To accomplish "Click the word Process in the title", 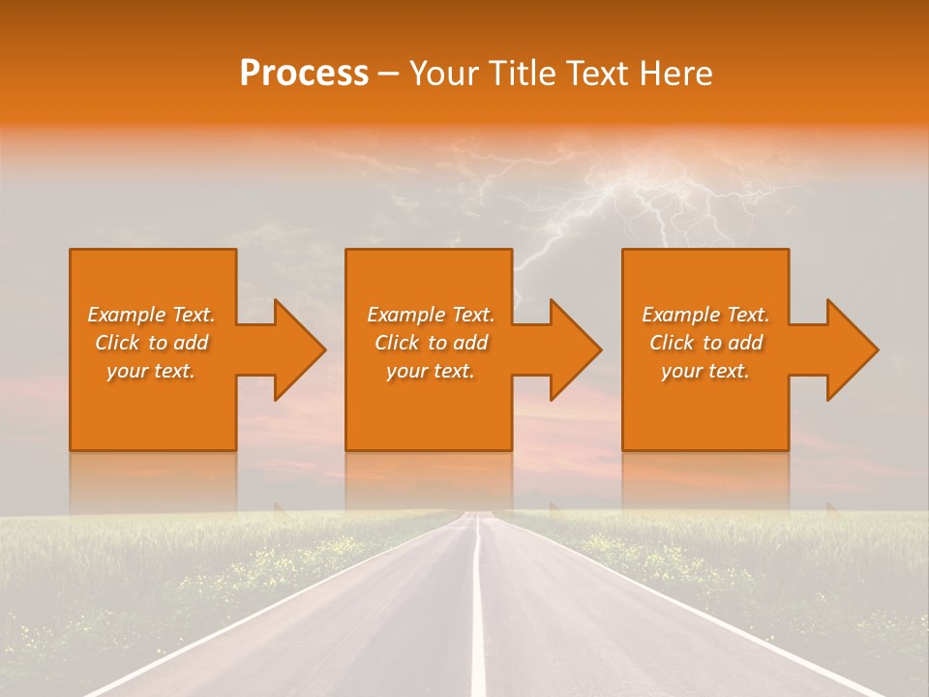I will coord(304,74).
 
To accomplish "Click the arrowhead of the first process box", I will coord(296,349).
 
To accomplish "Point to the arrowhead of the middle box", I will coord(572,349).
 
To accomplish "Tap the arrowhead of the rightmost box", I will coord(849,349).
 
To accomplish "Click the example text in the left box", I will coord(152,343).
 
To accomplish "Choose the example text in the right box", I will coord(705,343).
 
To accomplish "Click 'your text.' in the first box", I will coord(152,371).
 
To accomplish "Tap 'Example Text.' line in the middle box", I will coord(431,315).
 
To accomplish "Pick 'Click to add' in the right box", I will coord(705,343).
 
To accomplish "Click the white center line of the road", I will coord(477,620).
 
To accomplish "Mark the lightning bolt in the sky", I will coord(619,194).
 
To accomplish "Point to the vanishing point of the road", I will coord(476,512).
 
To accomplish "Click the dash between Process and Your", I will coord(388,74).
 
